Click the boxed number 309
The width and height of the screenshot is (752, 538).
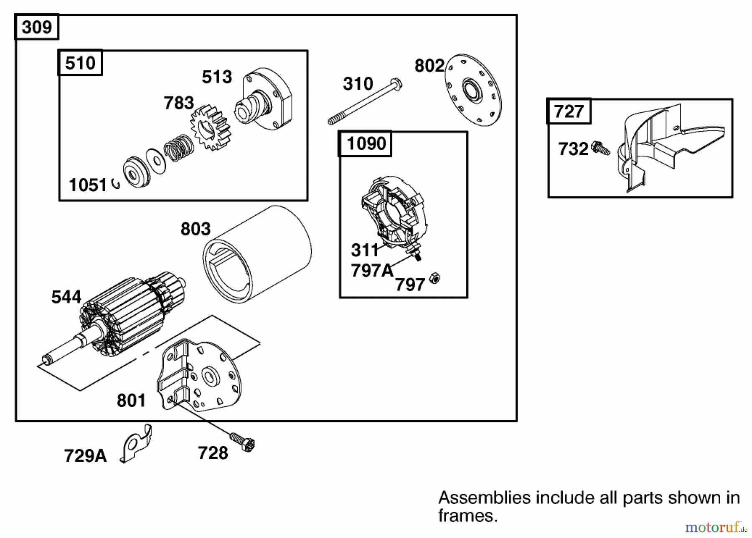pyautogui.click(x=37, y=27)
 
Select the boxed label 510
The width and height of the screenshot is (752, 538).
pyautogui.click(x=80, y=63)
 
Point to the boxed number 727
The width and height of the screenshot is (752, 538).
pyautogui.click(x=569, y=112)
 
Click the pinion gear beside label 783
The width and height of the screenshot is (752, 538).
pyautogui.click(x=210, y=128)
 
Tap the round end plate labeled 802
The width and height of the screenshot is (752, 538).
pyautogui.click(x=473, y=90)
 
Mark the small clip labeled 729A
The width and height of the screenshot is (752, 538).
pyautogui.click(x=136, y=445)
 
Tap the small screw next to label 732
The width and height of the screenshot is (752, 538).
pyautogui.click(x=601, y=149)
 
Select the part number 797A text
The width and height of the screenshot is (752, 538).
pyautogui.click(x=372, y=271)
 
